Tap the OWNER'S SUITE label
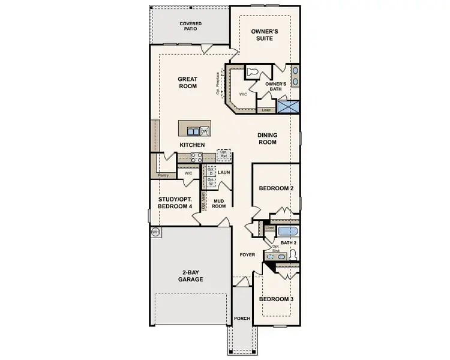(x=261, y=34)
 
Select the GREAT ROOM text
(x=187, y=82)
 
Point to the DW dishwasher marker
(x=204, y=131)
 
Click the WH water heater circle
(x=155, y=232)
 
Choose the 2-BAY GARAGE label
(x=191, y=275)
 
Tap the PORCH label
(x=242, y=318)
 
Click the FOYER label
(x=247, y=255)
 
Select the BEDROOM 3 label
(x=276, y=298)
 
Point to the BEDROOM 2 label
(x=276, y=188)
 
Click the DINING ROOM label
(x=267, y=139)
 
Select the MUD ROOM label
(x=218, y=203)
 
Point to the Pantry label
(x=163, y=175)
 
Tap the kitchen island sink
(x=193, y=131)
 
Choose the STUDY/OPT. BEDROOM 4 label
(x=175, y=202)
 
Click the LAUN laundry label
(x=224, y=173)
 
